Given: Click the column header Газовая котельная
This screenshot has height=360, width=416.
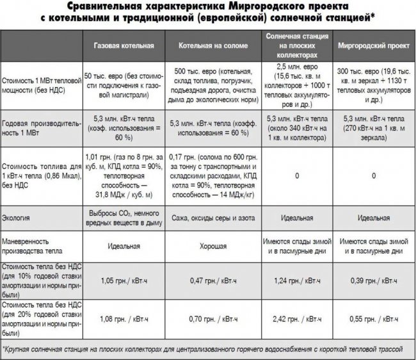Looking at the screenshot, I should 124,47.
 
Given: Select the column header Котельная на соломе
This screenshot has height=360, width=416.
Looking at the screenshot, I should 215,47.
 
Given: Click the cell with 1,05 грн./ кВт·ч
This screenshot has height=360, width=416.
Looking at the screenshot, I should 124,280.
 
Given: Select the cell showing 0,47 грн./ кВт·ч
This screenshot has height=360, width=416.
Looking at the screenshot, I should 215,280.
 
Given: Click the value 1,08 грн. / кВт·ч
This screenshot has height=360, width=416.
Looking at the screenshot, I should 124,318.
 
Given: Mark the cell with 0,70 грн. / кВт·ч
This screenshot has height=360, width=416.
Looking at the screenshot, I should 215,318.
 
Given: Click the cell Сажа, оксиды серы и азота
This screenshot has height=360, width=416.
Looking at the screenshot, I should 215,218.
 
